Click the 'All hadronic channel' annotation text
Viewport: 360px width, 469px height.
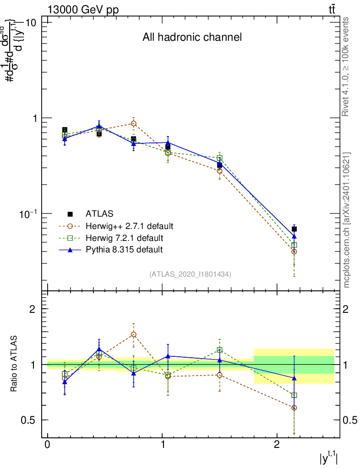coord(192,38)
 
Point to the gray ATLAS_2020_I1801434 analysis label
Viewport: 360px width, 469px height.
coord(190,274)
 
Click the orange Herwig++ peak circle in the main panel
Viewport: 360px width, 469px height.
coord(133,124)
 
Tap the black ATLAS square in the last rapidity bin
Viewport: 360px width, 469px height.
coord(294,229)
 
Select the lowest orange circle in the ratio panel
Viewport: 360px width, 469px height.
coord(294,408)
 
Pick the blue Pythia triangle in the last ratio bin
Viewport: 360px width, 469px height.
coord(294,378)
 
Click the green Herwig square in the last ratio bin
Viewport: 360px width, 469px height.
coord(294,395)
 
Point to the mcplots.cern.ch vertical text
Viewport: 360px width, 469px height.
coord(347,220)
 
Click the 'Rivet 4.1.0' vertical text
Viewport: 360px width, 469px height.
coord(347,66)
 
